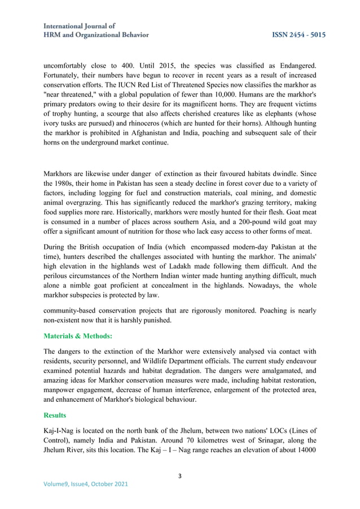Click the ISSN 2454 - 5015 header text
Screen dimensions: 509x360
[298, 35]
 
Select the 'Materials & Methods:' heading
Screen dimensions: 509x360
[78, 336]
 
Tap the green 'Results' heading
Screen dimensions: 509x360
[56, 414]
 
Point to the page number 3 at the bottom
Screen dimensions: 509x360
[180, 476]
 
